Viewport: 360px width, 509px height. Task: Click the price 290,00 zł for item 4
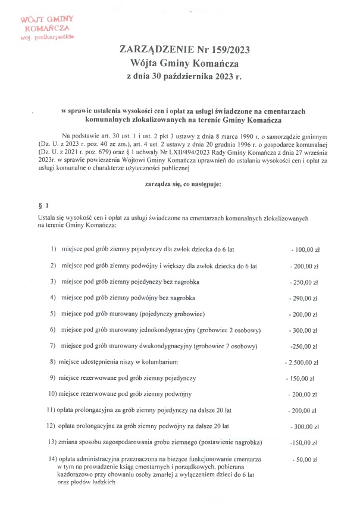click(304, 297)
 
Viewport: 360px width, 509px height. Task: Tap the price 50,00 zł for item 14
click(305, 459)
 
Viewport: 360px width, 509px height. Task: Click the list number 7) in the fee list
click(52, 345)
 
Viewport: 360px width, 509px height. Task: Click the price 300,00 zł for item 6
click(304, 329)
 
